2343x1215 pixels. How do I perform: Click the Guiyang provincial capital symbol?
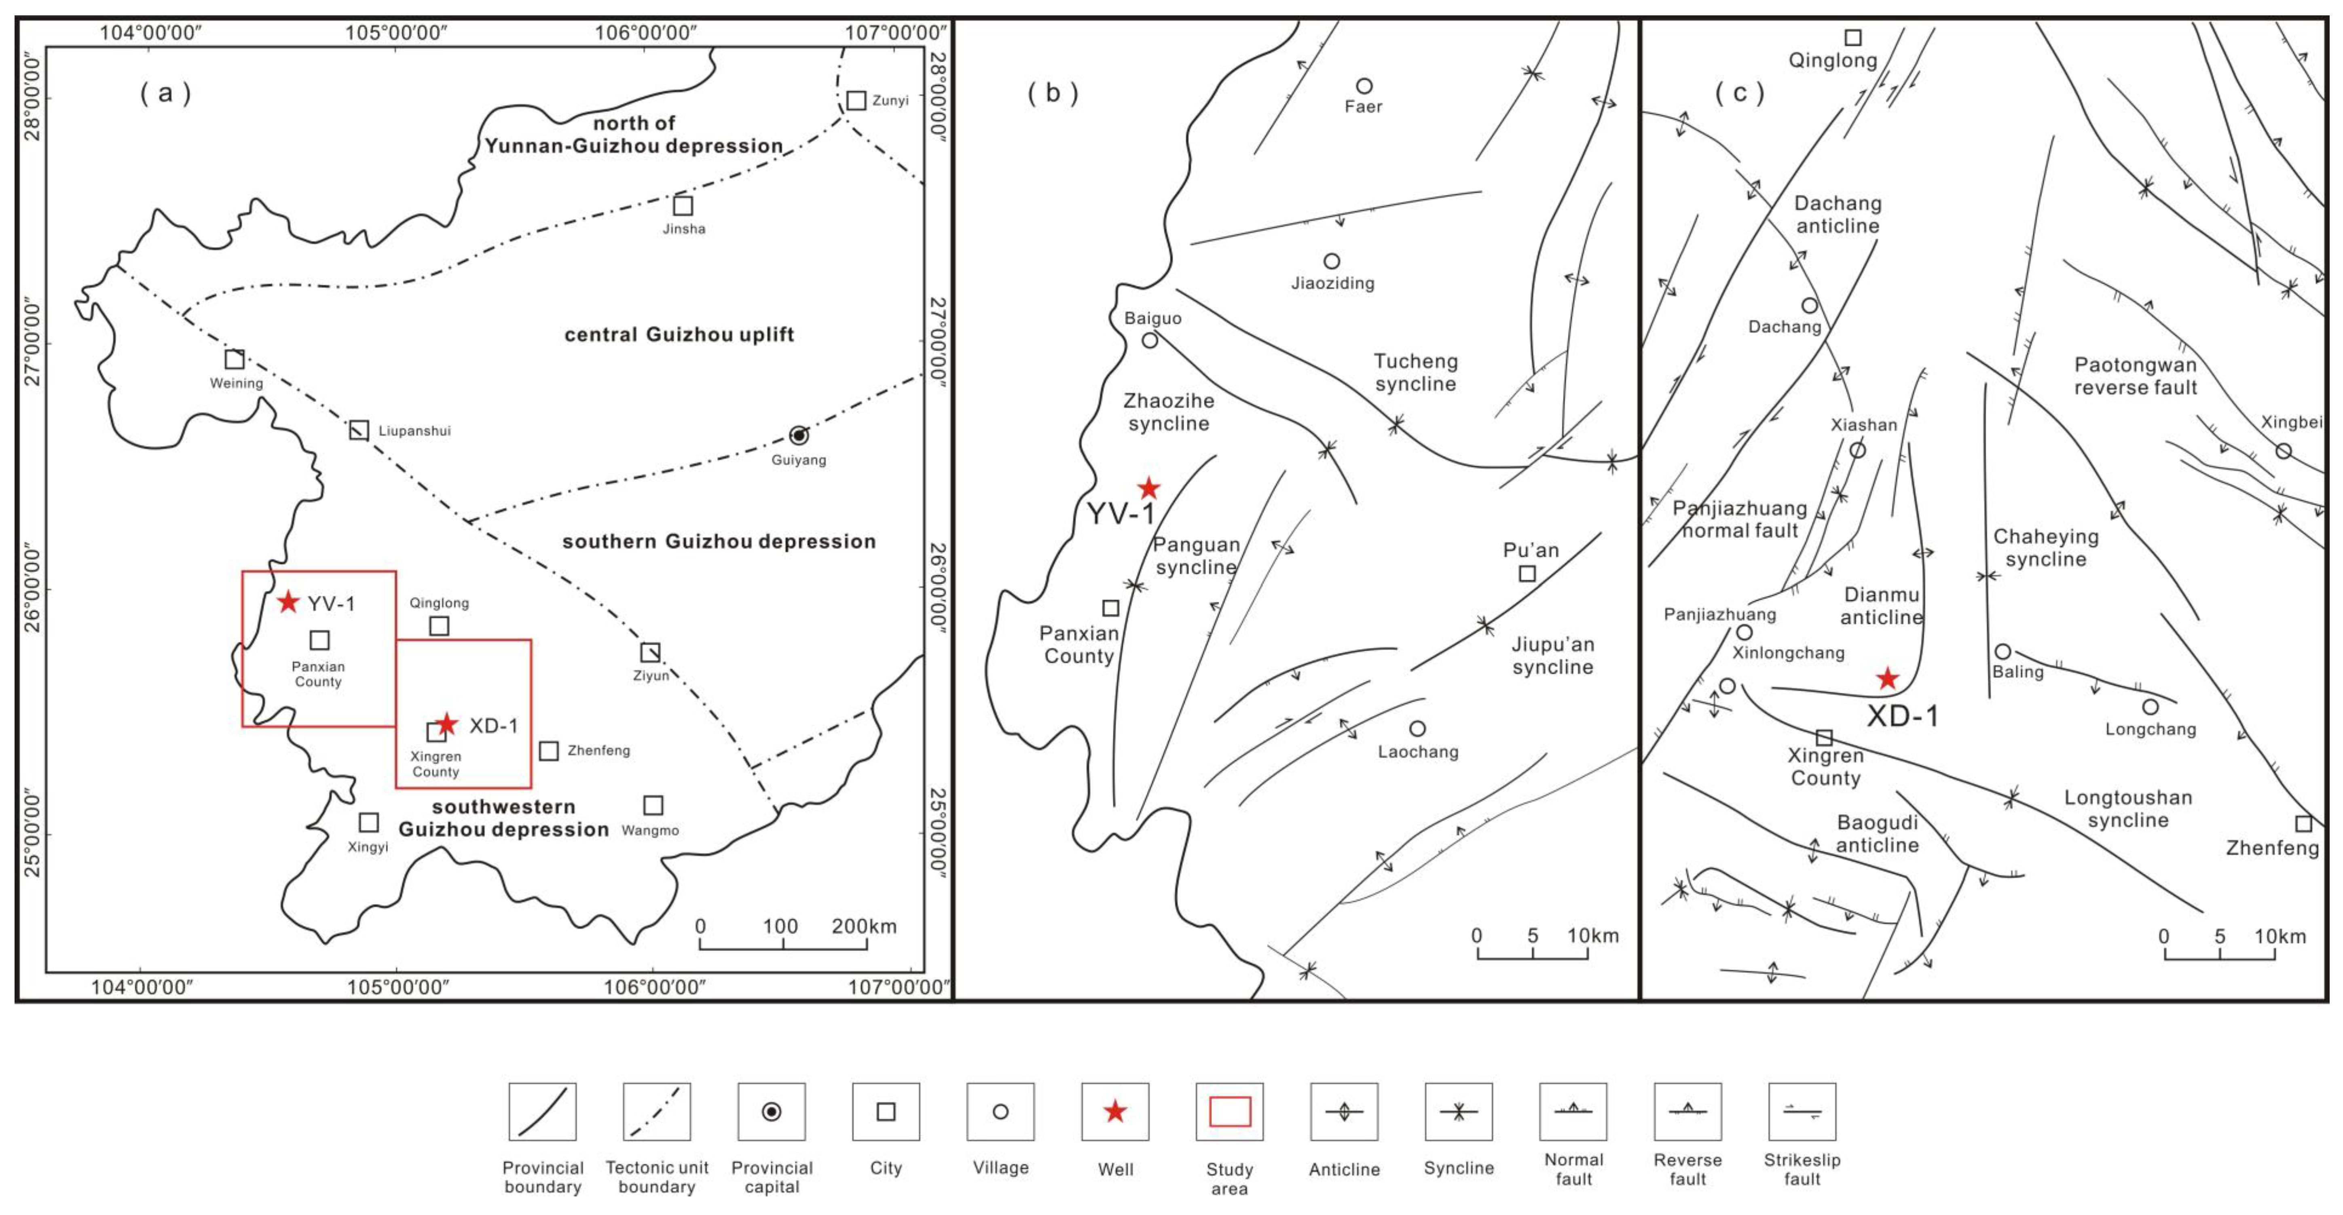(x=799, y=436)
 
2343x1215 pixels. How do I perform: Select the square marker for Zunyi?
(x=856, y=100)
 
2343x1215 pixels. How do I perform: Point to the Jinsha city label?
(x=684, y=228)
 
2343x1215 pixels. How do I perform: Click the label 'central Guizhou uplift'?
(x=679, y=335)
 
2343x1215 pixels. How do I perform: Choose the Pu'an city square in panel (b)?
(x=1527, y=573)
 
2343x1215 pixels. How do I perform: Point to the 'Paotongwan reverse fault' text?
(x=2136, y=375)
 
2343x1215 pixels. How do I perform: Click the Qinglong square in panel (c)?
(x=1853, y=37)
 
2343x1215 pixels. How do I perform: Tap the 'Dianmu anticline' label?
(x=1882, y=605)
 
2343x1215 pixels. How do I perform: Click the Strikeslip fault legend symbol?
(x=1802, y=1112)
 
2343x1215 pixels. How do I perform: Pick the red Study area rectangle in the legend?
(x=1230, y=1112)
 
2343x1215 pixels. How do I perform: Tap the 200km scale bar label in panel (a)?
(x=864, y=926)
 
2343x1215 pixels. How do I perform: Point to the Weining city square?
(x=235, y=359)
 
